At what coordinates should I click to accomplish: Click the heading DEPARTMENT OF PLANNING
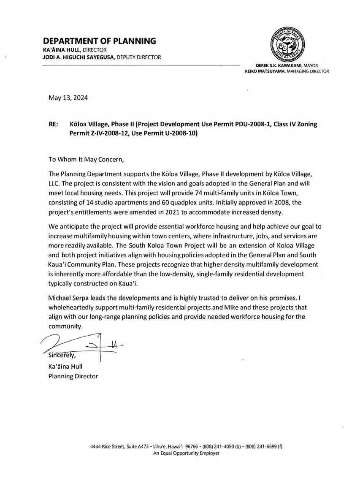point(100,41)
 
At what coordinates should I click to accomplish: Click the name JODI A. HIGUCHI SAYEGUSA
point(78,57)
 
